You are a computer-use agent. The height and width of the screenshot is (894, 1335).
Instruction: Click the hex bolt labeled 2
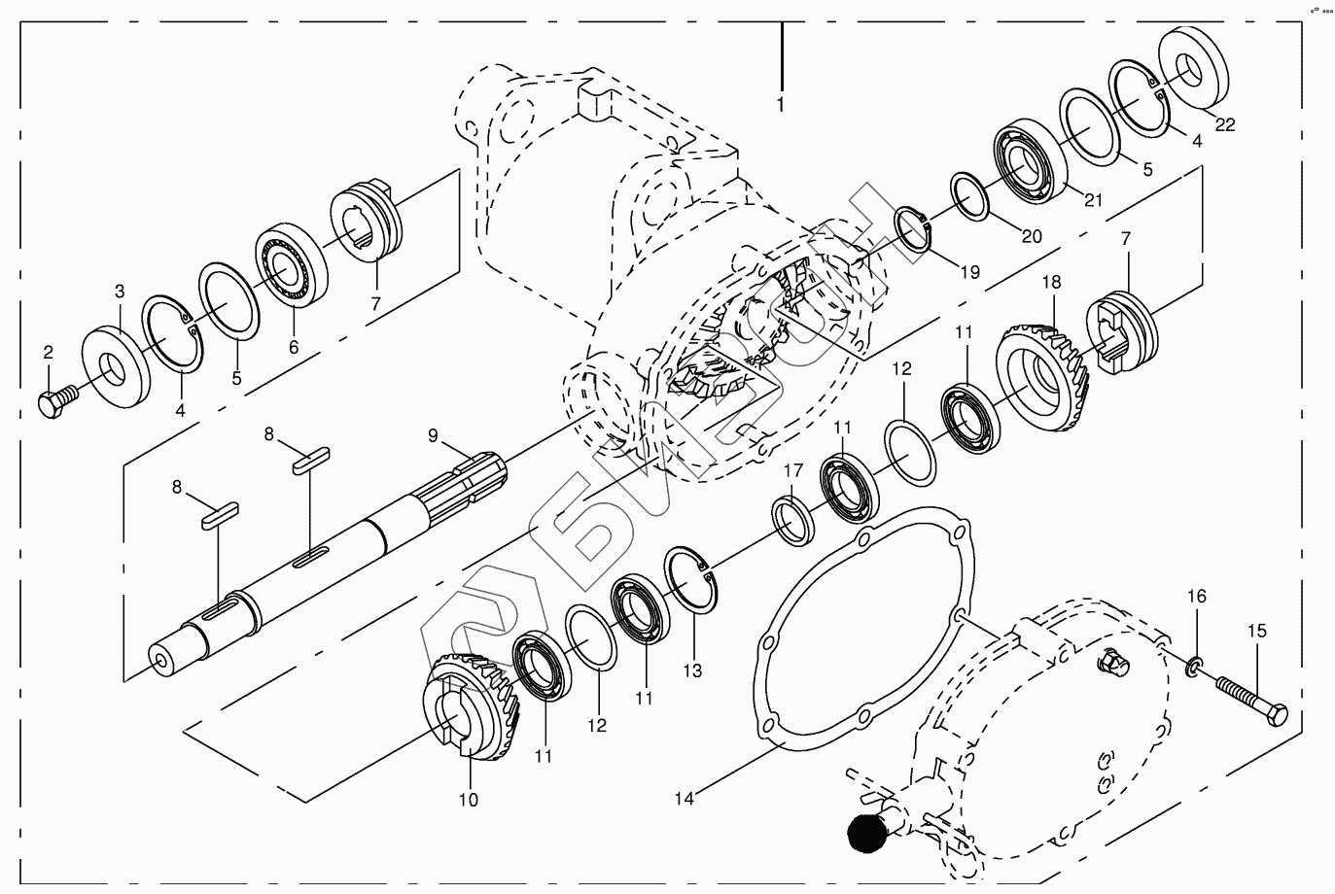point(56,401)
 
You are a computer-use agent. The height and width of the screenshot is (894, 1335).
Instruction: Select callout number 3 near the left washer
point(120,292)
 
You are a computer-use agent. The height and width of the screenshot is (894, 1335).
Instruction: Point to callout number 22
point(1225,124)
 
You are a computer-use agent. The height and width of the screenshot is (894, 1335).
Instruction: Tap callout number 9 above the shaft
point(434,436)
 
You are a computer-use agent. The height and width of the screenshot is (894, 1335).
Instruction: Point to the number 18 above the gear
point(1051,282)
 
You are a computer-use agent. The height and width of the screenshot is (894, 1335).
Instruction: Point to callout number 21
point(1094,201)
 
